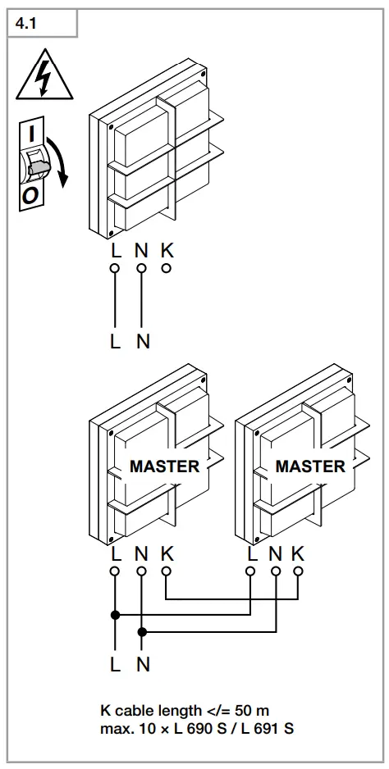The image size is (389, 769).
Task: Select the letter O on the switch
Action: tap(29, 194)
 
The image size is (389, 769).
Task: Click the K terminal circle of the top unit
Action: tap(167, 267)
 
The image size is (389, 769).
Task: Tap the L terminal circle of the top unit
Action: tap(115, 268)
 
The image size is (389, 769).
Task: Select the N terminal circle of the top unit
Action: tap(141, 268)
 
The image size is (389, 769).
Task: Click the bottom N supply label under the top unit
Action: tap(143, 342)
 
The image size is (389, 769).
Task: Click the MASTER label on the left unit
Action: tap(164, 466)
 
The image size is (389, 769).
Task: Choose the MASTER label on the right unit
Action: tap(309, 466)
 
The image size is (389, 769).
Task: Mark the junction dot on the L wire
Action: tap(115, 615)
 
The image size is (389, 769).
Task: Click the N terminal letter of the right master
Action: tap(276, 553)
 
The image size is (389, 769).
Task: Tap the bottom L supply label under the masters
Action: tap(115, 665)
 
